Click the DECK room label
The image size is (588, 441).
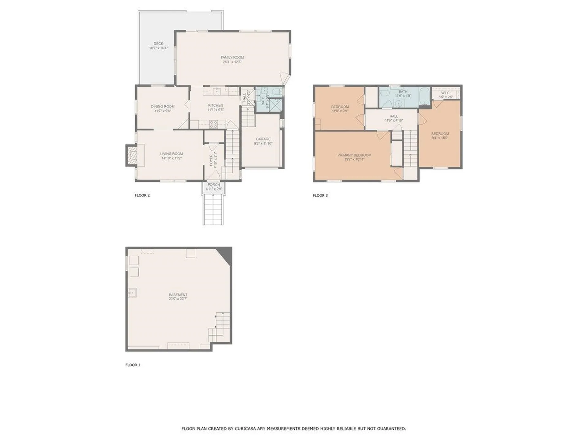coord(158,43)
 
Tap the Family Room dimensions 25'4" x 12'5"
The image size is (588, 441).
coord(232,62)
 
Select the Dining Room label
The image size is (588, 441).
coord(163,107)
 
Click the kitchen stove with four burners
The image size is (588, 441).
coord(213,124)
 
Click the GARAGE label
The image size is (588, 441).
coord(263,139)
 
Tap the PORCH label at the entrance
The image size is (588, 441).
coord(213,185)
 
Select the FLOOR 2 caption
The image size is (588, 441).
coord(142,195)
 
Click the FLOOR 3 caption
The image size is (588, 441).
coord(320,195)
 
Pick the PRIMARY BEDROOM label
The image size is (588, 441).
coord(354,155)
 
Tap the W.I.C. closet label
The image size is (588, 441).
coord(446,93)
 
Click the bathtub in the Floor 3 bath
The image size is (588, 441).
coord(424,96)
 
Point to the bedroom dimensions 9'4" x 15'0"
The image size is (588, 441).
coord(440,138)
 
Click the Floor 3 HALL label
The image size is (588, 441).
coord(394,116)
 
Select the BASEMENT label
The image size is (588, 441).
coord(178,295)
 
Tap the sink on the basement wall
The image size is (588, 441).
coord(132,293)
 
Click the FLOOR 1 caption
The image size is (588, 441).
coord(133,365)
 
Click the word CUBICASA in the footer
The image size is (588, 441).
coord(246,429)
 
